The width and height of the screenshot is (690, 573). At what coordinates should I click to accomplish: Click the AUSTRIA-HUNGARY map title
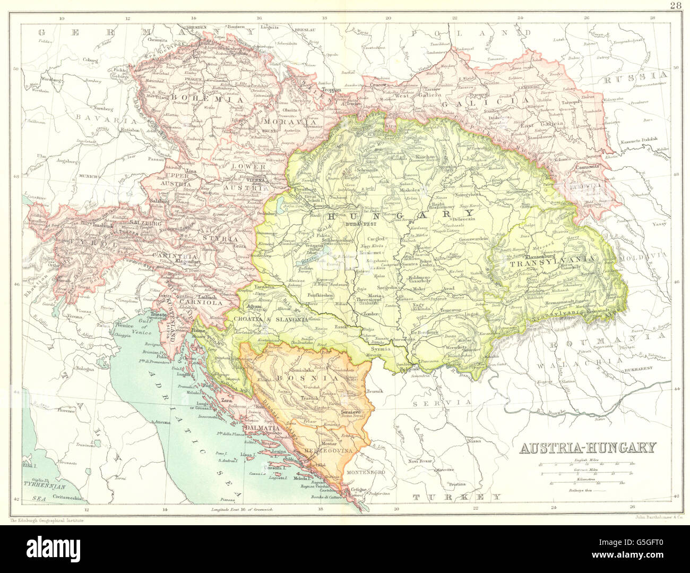click(x=588, y=447)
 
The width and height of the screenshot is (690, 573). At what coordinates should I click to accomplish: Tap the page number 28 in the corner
click(x=675, y=6)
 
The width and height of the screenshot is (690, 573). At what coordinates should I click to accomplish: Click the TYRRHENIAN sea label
click(x=44, y=486)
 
